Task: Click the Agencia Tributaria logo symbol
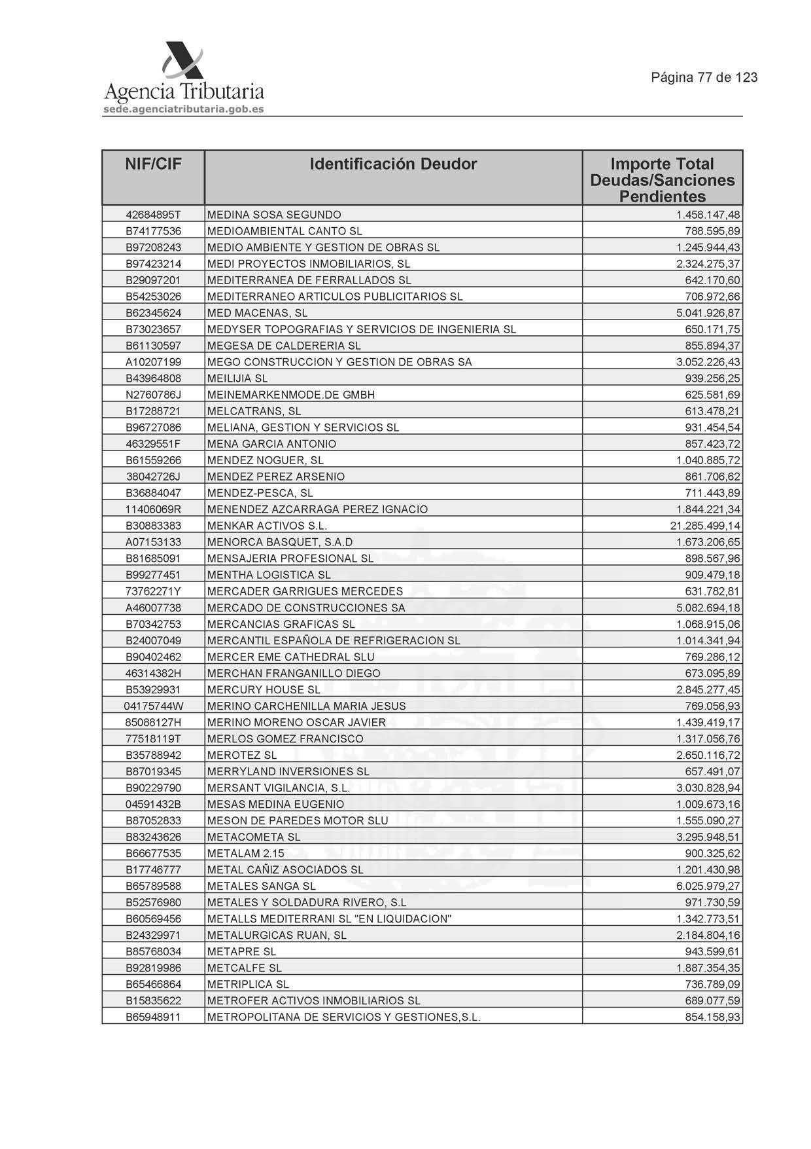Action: click(x=182, y=61)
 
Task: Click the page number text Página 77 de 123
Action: click(x=704, y=77)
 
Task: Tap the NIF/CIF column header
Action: click(x=153, y=164)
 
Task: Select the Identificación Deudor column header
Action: click(x=393, y=164)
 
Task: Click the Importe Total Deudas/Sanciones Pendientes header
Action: click(x=662, y=180)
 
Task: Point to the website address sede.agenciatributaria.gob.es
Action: click(x=184, y=109)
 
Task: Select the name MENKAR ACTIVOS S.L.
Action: click(x=267, y=526)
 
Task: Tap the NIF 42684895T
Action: click(x=153, y=215)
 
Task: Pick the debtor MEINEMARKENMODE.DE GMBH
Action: click(x=291, y=395)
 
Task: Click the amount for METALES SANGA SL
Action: click(x=708, y=886)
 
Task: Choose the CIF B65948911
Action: click(x=153, y=1017)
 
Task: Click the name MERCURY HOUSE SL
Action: click(x=264, y=689)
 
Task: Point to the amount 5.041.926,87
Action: click(x=708, y=313)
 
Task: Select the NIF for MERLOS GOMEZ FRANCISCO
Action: click(x=153, y=739)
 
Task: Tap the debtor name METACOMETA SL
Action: click(x=254, y=837)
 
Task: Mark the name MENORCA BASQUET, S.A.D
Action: click(x=280, y=542)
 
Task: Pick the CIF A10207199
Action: click(x=153, y=362)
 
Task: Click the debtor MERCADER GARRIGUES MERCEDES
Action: click(x=305, y=591)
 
